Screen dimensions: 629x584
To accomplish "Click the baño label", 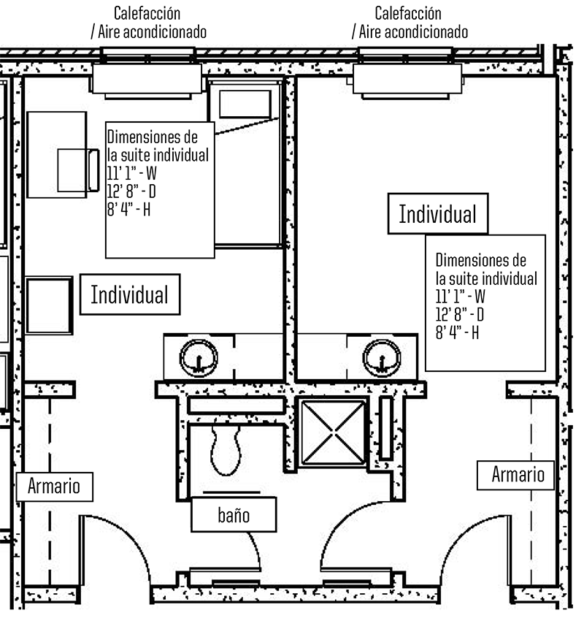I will coord(234,515).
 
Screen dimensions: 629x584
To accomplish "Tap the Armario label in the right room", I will coord(517,475).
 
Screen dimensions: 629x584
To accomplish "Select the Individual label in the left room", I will coord(129,295).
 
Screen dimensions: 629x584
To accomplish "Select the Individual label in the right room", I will coord(437,215).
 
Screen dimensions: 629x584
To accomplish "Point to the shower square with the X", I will coord(334,432).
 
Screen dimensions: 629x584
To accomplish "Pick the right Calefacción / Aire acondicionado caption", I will coord(409,23).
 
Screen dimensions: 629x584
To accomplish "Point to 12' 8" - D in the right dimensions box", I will coord(460,314).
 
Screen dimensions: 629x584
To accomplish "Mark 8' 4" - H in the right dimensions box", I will coord(457,332).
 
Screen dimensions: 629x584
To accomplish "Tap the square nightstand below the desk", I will coord(49,305).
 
